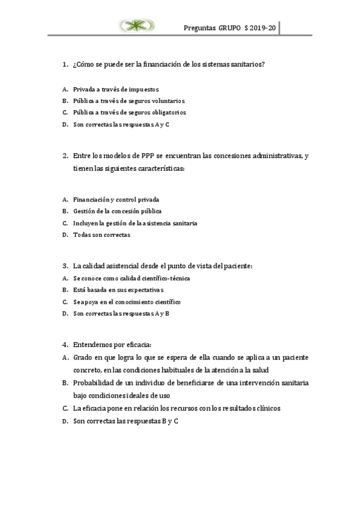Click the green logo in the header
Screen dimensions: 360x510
136,25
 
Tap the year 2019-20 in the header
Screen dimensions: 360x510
263,28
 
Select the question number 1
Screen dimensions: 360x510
64,64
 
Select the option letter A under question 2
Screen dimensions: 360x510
64,199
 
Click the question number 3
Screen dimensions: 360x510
64,265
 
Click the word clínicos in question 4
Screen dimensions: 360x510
267,408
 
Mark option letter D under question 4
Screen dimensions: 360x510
64,422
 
